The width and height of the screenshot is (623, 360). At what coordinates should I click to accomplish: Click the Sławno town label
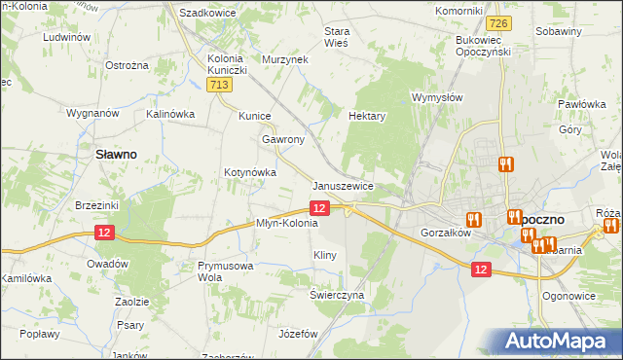pyautogui.click(x=114, y=153)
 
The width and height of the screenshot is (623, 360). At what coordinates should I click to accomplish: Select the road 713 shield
pyautogui.click(x=219, y=87)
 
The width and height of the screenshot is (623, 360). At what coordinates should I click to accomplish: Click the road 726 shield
pyautogui.click(x=499, y=22)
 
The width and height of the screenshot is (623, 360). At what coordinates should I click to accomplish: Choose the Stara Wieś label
pyautogui.click(x=337, y=36)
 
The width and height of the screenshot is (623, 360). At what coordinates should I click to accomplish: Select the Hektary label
pyautogui.click(x=367, y=115)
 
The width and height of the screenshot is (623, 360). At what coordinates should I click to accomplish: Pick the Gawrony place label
pyautogui.click(x=282, y=139)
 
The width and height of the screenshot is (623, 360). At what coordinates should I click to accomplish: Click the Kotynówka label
pyautogui.click(x=250, y=172)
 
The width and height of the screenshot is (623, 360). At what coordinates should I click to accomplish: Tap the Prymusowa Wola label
pyautogui.click(x=225, y=270)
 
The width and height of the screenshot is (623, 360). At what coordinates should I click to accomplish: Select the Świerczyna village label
pyautogui.click(x=337, y=294)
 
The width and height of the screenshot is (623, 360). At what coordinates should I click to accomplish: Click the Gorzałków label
pyautogui.click(x=446, y=234)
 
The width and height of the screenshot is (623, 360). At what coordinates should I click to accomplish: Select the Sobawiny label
pyautogui.click(x=559, y=31)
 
